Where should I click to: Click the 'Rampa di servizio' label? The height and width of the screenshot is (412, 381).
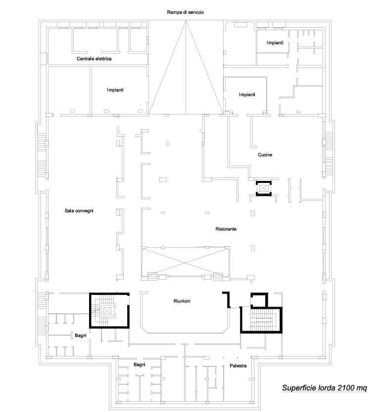pyautogui.click(x=186, y=12)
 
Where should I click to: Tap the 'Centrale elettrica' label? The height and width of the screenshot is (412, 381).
pyautogui.click(x=94, y=59)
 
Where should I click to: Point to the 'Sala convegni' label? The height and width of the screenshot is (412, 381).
pyautogui.click(x=79, y=211)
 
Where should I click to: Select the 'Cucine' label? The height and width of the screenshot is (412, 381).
pyautogui.click(x=265, y=155)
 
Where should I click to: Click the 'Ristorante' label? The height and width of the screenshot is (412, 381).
pyautogui.click(x=226, y=229)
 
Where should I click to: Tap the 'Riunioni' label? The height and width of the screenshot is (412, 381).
pyautogui.click(x=182, y=301)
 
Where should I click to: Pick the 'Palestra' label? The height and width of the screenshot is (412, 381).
pyautogui.click(x=238, y=366)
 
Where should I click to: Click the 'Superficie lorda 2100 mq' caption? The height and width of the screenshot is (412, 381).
pyautogui.click(x=325, y=388)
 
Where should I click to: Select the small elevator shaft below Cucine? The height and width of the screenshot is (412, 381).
pyautogui.click(x=264, y=188)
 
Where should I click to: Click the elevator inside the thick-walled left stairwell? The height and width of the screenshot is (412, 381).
pyautogui.click(x=107, y=311)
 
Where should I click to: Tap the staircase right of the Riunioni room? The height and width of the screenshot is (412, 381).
pyautogui.click(x=261, y=319)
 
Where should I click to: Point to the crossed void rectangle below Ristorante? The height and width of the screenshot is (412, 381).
pyautogui.click(x=186, y=262)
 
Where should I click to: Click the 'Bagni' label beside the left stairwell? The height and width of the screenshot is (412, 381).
pyautogui.click(x=81, y=335)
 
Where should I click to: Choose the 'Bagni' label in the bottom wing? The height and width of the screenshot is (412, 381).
pyautogui.click(x=139, y=364)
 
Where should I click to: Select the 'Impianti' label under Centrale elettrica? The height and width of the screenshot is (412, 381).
pyautogui.click(x=115, y=90)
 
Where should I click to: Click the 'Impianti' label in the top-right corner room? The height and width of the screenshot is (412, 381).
pyautogui.click(x=275, y=43)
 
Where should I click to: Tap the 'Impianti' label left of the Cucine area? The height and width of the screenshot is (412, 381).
pyautogui.click(x=247, y=95)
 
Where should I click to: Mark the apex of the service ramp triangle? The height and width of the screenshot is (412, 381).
pyautogui.click(x=186, y=21)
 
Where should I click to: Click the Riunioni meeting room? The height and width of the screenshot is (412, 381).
pyautogui.click(x=186, y=313)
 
